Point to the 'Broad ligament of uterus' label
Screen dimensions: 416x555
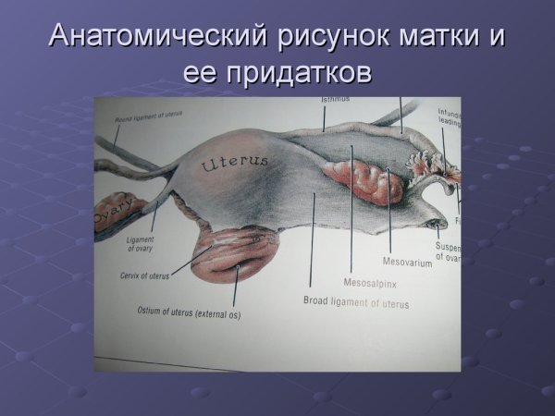point(356,302)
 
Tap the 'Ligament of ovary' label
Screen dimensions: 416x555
point(140,245)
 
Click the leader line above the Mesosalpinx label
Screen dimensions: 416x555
point(352,213)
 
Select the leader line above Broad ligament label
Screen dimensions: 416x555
point(313,240)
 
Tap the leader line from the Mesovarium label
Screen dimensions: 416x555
point(389,213)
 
